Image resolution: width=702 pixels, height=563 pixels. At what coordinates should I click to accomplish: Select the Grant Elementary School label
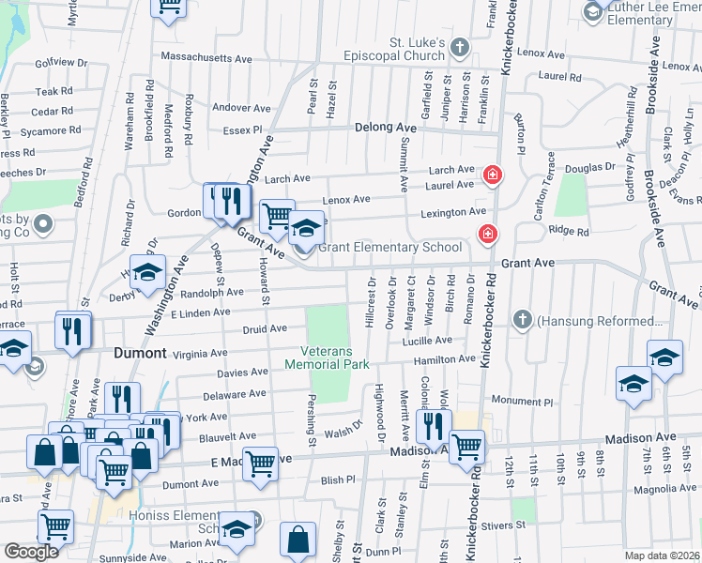(389, 248)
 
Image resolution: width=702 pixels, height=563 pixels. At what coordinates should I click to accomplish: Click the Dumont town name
(140, 354)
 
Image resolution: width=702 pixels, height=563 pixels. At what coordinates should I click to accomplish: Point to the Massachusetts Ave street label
(206, 58)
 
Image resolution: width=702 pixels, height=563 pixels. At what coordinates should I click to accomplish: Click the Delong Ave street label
(385, 128)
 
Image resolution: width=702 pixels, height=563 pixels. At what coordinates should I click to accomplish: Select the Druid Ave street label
(265, 328)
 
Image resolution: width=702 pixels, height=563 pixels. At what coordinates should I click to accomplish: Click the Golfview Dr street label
(61, 63)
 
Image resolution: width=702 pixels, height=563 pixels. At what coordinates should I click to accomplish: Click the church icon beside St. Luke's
(460, 47)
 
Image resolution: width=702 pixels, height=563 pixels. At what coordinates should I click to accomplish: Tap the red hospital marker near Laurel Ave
(491, 175)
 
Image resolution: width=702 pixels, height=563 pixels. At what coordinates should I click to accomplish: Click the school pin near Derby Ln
(147, 272)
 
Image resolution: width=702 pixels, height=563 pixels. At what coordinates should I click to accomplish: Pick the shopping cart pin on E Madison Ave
(260, 464)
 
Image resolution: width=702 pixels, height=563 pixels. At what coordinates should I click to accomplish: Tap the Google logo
(31, 552)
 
